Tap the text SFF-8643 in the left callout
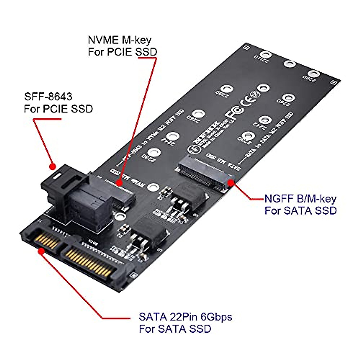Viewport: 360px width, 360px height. (x=48, y=97)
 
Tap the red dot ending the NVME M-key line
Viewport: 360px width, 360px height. (x=119, y=183)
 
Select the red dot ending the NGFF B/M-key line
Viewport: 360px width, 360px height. (x=231, y=182)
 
